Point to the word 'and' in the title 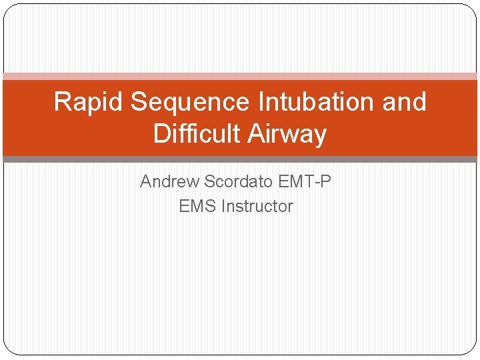tap(403, 102)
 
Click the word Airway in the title tap(287, 134)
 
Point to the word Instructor tap(257, 206)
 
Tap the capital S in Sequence tap(139, 102)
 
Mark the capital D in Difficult tap(161, 134)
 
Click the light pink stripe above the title tap(240, 76)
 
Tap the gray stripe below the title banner tap(240, 159)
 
